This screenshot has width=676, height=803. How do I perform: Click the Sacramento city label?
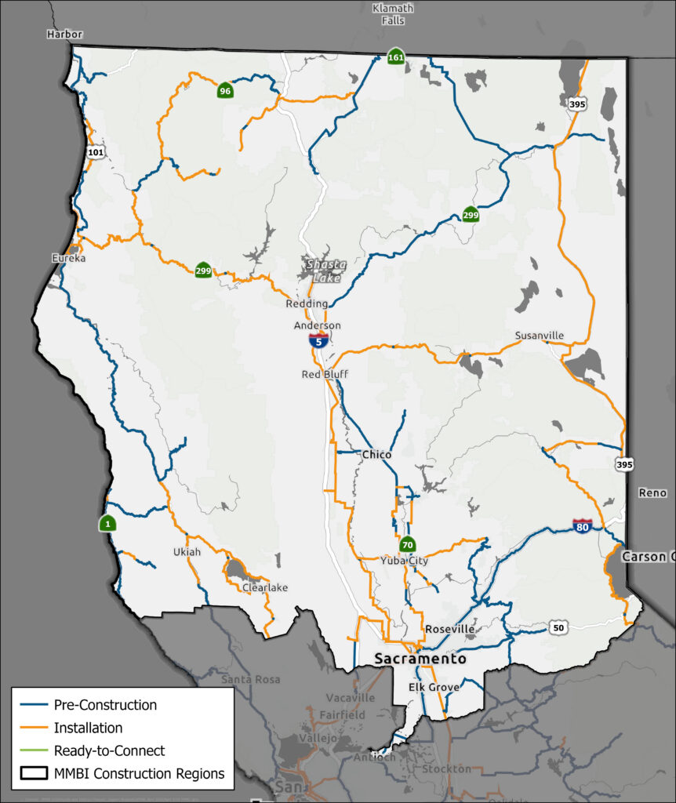420,659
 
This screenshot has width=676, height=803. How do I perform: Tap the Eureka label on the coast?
68,258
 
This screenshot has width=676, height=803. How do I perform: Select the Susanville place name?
539,336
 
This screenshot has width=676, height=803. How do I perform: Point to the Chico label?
376,455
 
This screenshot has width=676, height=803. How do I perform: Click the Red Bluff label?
325,375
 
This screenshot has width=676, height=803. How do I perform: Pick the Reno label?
652,492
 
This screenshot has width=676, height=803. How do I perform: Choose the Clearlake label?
265,587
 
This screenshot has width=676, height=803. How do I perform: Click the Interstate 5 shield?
318,340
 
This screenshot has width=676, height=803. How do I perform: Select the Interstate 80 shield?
582,526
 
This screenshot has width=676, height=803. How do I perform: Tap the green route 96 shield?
225,91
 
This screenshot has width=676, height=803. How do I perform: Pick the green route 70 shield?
407,544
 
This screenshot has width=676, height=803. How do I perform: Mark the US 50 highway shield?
558,627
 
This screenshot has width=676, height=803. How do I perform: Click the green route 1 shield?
107,524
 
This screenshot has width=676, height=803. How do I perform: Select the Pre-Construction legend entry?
105,705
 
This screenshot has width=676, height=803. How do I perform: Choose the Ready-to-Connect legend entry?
109,750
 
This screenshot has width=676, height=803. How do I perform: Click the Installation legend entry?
88,728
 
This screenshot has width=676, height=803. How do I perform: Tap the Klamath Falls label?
393,14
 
